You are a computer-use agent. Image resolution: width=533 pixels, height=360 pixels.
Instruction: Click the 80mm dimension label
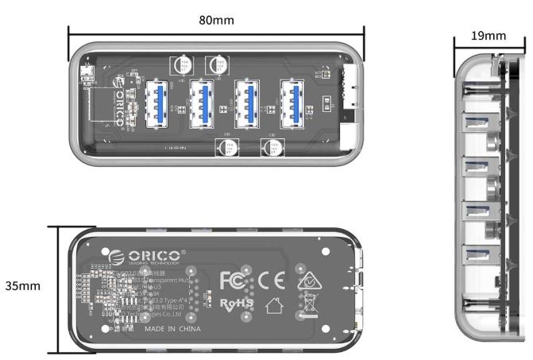click(x=216, y=17)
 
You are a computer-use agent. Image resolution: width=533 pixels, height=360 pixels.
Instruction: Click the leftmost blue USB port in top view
click(x=156, y=103)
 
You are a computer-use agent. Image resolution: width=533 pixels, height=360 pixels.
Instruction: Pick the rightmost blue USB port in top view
click(x=294, y=103)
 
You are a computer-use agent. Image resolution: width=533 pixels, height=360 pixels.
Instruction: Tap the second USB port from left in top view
click(x=203, y=103)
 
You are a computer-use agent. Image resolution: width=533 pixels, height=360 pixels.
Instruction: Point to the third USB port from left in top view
click(x=249, y=103)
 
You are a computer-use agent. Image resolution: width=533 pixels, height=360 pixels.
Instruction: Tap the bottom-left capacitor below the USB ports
click(x=226, y=147)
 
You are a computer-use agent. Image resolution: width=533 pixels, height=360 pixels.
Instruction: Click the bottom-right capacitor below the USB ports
click(x=272, y=147)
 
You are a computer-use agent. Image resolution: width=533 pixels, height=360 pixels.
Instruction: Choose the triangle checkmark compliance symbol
click(x=304, y=278)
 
